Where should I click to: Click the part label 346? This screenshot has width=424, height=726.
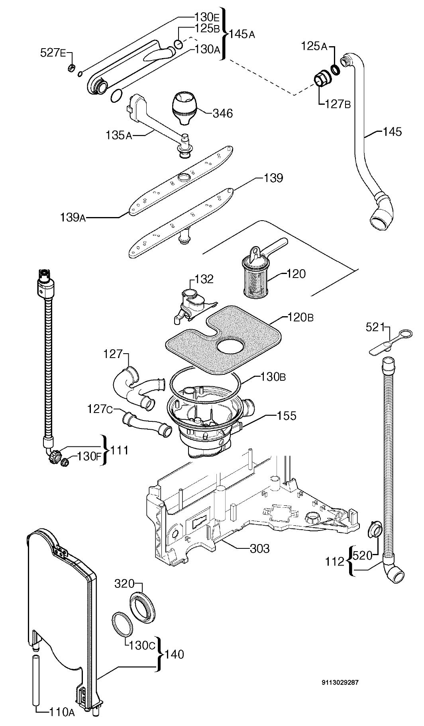click(222, 113)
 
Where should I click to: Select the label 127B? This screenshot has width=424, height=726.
click(338, 104)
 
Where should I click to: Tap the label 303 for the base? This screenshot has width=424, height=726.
click(260, 549)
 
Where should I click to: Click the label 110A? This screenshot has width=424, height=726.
click(62, 712)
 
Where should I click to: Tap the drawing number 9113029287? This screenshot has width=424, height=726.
click(340, 682)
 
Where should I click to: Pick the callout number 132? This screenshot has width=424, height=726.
click(204, 279)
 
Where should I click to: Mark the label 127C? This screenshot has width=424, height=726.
click(101, 409)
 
